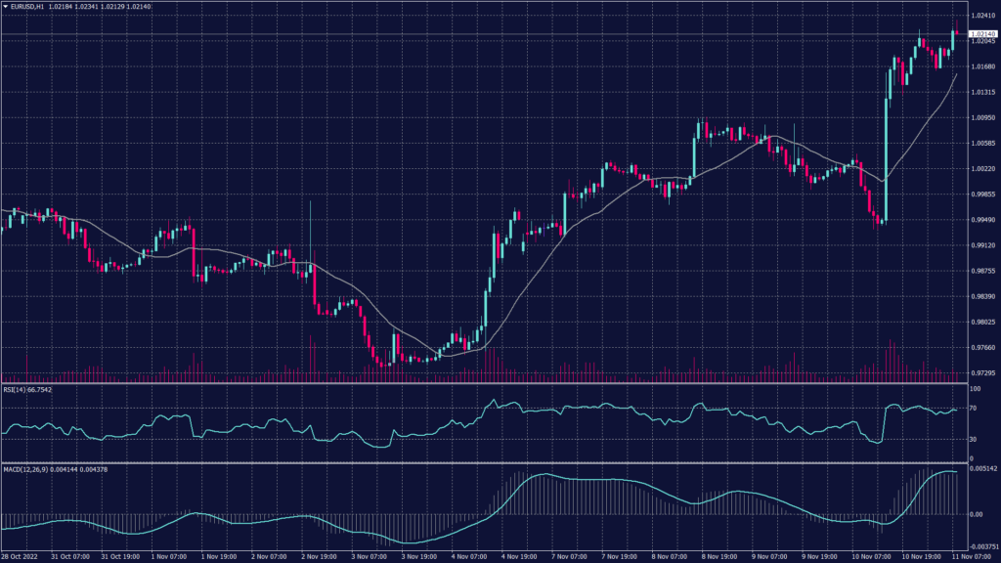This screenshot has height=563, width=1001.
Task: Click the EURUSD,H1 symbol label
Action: [31, 6]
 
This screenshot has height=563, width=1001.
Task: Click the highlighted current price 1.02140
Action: [981, 34]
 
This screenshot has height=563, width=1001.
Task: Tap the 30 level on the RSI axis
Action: [975, 439]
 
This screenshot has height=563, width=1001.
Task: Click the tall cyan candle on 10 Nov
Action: [887, 156]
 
